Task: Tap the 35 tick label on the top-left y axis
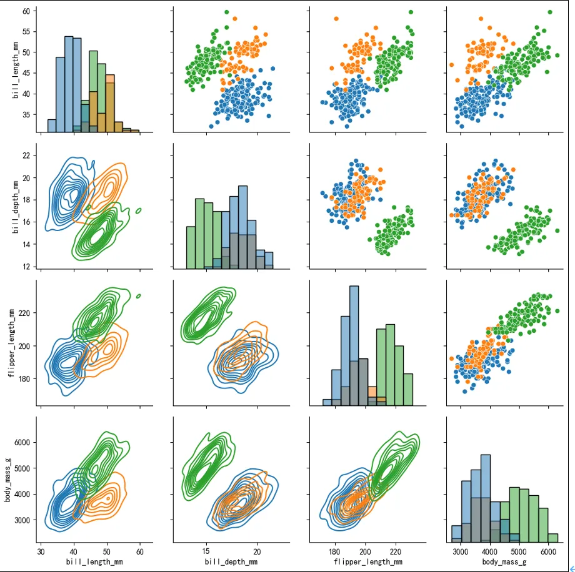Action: click(26, 115)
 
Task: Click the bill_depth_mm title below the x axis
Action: click(231, 562)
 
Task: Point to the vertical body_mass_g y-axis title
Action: click(7, 480)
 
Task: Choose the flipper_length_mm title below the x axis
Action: click(367, 562)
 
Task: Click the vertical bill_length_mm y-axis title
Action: click(16, 70)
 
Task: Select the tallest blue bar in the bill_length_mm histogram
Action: click(69, 84)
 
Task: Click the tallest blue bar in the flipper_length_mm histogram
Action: click(354, 345)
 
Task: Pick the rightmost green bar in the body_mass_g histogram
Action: click(553, 538)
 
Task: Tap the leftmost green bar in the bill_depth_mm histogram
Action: click(191, 248)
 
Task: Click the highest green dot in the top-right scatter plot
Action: click(550, 12)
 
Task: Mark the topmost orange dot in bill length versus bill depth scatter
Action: click(235, 19)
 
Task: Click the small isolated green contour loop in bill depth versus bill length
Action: click(138, 210)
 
